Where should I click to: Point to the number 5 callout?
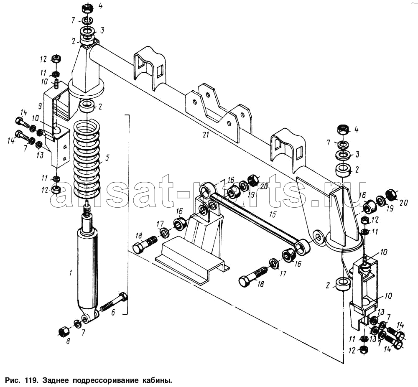(x=107, y=158)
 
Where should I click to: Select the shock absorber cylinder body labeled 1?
(x=88, y=267)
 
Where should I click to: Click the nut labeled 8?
(x=64, y=332)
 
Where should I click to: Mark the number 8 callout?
(x=68, y=341)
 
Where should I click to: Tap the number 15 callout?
(x=273, y=215)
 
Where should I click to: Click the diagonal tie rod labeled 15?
(x=255, y=217)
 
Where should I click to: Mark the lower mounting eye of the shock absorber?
(x=87, y=319)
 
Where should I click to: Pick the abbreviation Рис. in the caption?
(x=13, y=381)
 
